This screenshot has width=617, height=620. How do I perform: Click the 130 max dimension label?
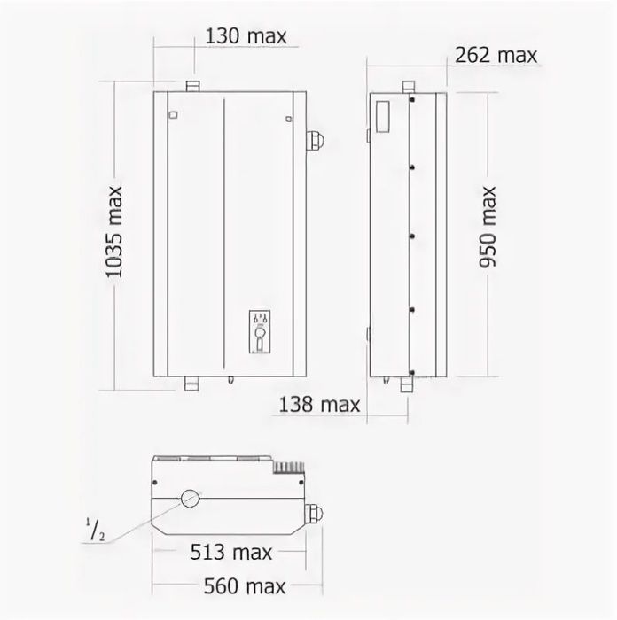[x=246, y=36]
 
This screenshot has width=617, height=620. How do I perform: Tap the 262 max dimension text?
[x=496, y=55]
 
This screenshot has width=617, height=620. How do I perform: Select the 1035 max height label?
[x=114, y=232]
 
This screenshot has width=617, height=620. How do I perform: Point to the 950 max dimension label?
[x=488, y=227]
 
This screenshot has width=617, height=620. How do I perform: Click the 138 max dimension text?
[x=319, y=405]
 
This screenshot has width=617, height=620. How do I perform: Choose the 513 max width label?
[x=231, y=552]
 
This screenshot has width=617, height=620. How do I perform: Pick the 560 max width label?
[x=245, y=586]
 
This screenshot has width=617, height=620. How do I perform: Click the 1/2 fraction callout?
[x=96, y=531]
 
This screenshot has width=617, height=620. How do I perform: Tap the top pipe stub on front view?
[x=192, y=86]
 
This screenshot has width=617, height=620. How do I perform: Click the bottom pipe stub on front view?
[x=191, y=384]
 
